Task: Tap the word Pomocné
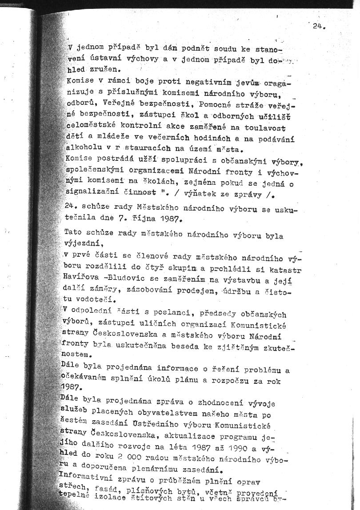(219, 105)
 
